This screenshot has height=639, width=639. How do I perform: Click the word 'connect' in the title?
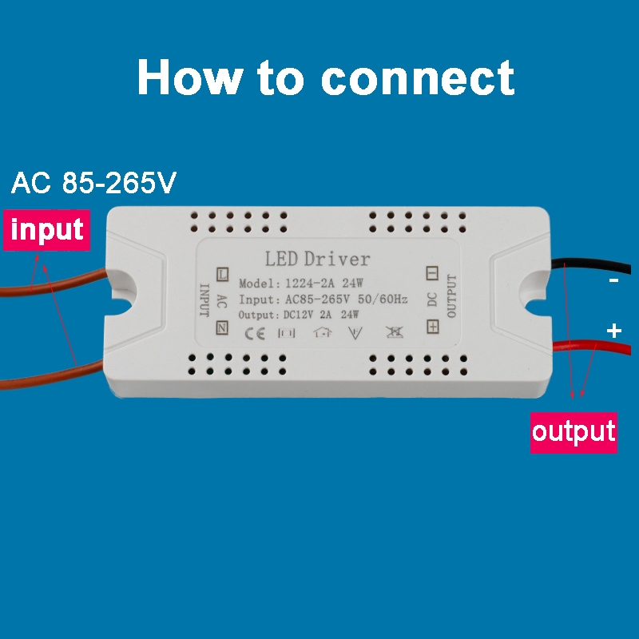[x=417, y=78]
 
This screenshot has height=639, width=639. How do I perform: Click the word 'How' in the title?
[x=189, y=77]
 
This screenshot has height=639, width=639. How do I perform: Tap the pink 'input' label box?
[x=47, y=230]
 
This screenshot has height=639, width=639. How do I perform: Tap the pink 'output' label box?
[x=574, y=432]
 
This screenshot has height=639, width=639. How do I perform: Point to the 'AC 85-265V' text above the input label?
[x=93, y=184]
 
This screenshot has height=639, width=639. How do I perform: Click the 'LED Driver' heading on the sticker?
[x=317, y=259]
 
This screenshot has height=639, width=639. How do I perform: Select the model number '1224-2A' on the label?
[x=307, y=283]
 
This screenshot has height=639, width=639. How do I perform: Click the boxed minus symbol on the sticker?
[x=432, y=273]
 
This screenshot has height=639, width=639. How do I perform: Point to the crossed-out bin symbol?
[x=393, y=334]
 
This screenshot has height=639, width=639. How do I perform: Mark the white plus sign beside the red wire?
[x=613, y=331]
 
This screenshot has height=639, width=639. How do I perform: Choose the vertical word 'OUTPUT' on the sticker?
[x=451, y=296]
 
